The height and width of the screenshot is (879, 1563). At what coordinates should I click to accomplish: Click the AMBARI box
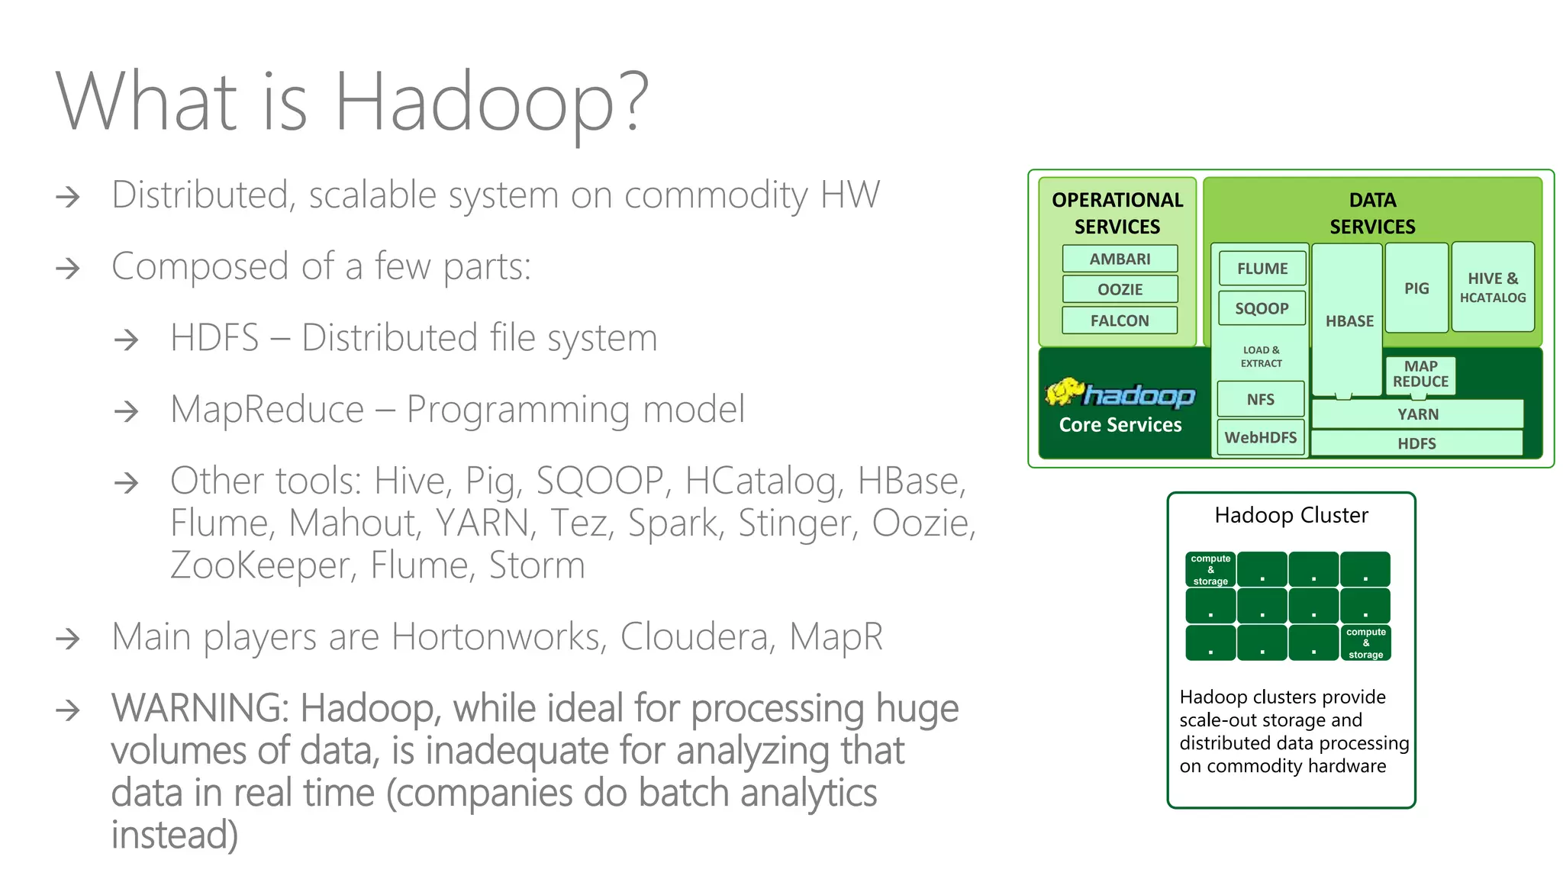click(1120, 259)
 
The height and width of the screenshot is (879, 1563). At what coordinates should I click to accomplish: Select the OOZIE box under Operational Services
click(1120, 289)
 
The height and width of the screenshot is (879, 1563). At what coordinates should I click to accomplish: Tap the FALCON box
click(1120, 320)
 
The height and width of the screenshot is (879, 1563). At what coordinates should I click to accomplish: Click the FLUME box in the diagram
click(1262, 269)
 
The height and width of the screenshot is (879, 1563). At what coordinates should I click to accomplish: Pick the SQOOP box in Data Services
click(1262, 308)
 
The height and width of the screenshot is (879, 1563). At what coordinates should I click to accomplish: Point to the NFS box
click(1261, 399)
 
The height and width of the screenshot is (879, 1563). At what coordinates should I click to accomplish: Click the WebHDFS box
click(1261, 437)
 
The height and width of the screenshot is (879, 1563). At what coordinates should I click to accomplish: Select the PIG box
click(1416, 288)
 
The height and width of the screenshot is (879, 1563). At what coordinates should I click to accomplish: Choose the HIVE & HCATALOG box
click(1493, 288)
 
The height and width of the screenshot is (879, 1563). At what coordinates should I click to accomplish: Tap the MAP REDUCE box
click(1420, 375)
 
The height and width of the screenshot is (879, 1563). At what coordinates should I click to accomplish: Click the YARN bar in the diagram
click(1417, 414)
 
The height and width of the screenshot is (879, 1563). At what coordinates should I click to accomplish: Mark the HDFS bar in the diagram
click(1416, 443)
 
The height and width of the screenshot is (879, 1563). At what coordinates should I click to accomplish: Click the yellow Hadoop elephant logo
click(1065, 392)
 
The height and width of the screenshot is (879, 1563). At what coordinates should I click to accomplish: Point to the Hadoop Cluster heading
click(1291, 515)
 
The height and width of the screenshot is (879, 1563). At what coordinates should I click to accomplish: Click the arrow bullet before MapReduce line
click(126, 412)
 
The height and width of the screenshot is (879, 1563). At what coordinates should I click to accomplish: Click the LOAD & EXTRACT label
click(1261, 356)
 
